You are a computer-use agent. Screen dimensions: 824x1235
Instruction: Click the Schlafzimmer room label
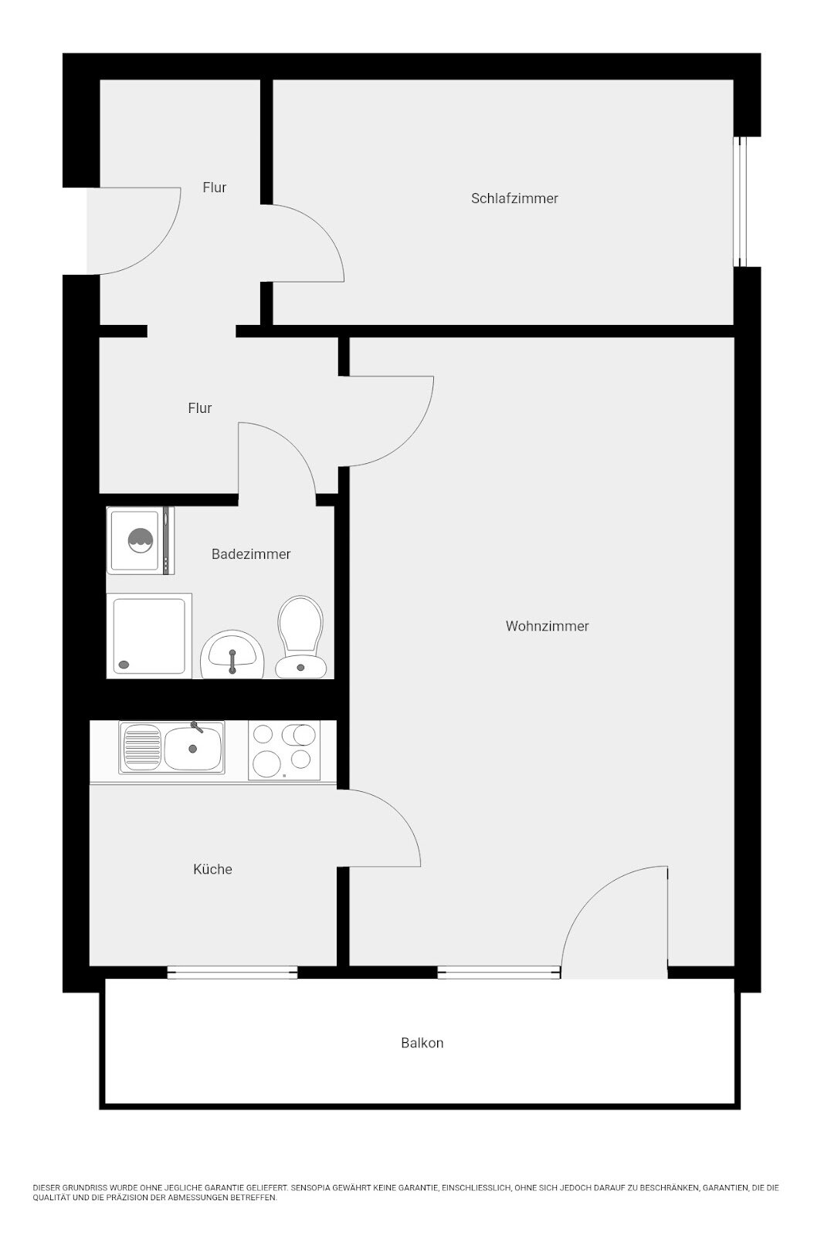[514, 198]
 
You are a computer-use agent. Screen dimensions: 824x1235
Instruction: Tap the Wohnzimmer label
[547, 626]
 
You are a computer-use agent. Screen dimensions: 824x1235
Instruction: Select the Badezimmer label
[251, 554]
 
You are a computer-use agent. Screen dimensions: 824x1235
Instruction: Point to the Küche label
[212, 869]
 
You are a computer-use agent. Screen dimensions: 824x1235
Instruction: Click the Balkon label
[422, 1043]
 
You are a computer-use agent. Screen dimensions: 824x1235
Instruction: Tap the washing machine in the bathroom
[141, 541]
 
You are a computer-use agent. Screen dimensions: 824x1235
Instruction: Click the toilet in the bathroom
[301, 637]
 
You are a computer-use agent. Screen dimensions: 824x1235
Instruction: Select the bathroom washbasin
[232, 655]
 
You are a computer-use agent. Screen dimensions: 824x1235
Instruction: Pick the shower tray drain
[124, 665]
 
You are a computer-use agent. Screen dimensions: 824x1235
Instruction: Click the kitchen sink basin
[193, 748]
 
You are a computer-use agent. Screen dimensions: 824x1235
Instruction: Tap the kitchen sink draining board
[142, 748]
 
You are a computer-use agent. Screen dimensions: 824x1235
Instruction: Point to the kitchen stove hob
[284, 750]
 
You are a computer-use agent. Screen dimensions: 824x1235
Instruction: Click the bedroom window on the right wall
[740, 201]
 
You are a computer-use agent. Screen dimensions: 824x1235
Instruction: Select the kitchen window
[232, 973]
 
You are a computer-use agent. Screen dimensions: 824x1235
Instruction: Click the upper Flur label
[215, 188]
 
